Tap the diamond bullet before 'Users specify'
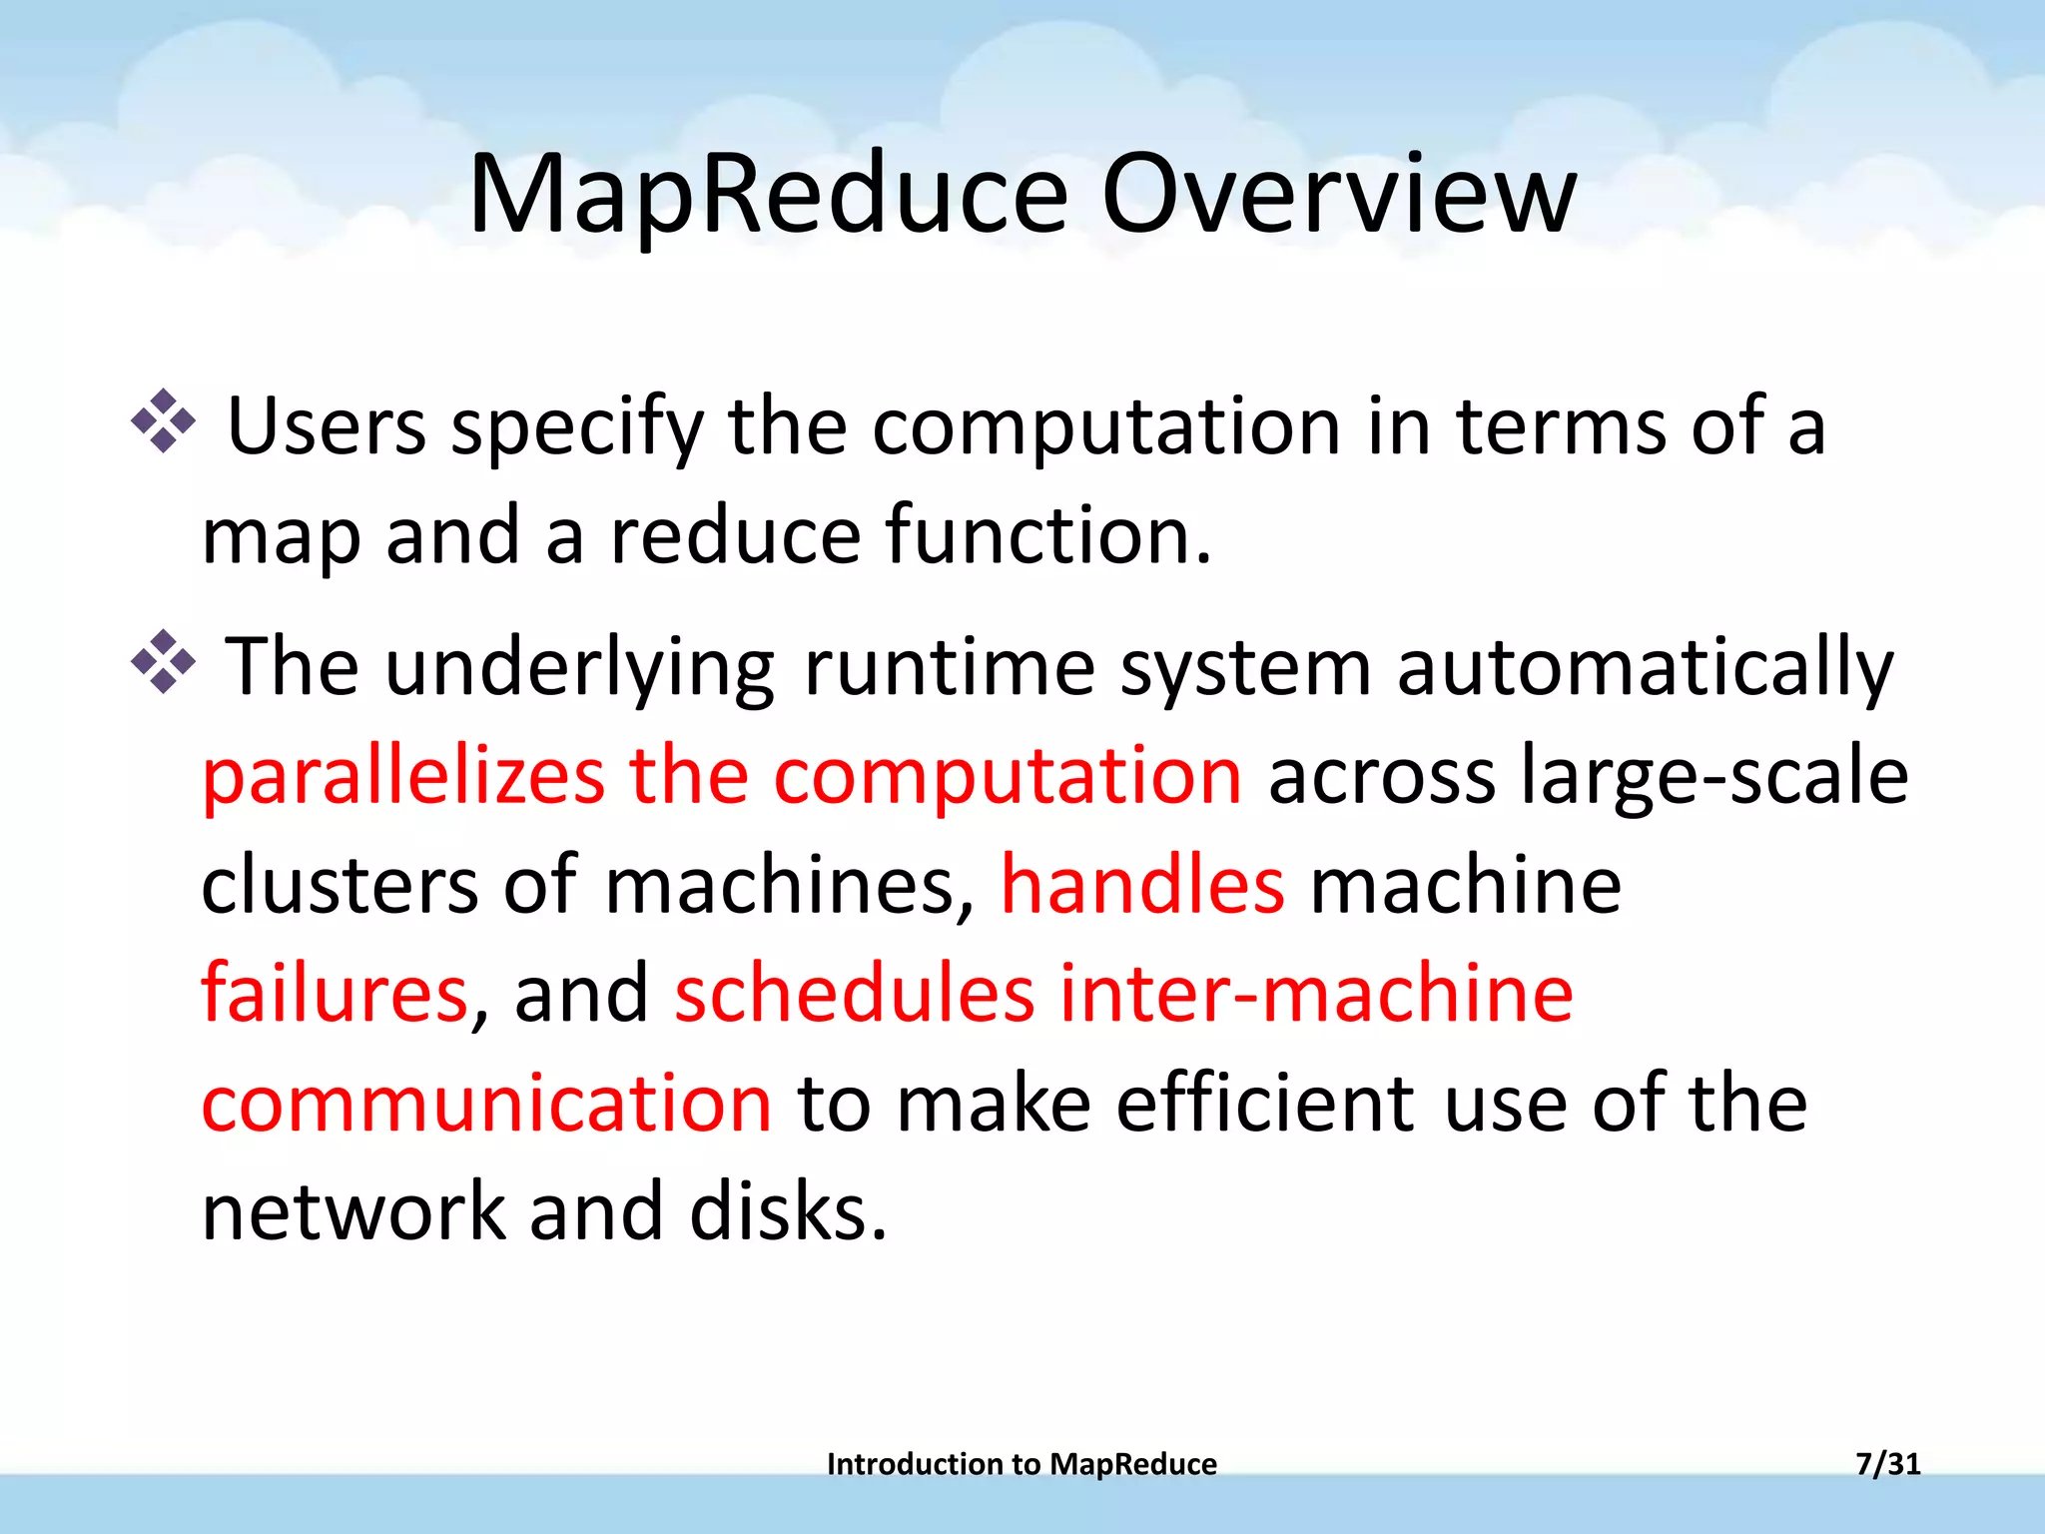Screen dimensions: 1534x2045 coord(164,422)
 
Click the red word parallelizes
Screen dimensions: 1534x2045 coord(403,777)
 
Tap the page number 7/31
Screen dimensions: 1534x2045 coord(1887,1464)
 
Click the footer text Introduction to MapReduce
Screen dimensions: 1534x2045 coord(1022,1464)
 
